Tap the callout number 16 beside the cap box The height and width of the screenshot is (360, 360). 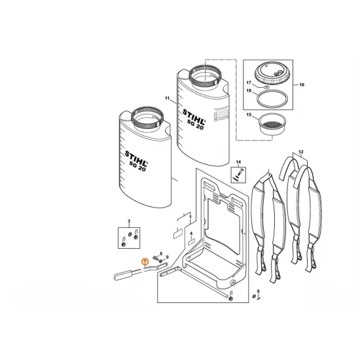302,85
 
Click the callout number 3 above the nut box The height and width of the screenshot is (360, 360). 129,223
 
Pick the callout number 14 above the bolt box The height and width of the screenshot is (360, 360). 238,162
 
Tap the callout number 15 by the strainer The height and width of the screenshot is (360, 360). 249,115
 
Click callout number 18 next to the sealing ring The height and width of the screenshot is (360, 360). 249,94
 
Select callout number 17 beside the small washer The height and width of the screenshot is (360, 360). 249,82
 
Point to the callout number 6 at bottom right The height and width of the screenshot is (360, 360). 258,291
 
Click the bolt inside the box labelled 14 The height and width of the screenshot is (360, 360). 238,175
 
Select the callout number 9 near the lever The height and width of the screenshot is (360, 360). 168,257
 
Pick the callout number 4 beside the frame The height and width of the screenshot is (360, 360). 190,234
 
